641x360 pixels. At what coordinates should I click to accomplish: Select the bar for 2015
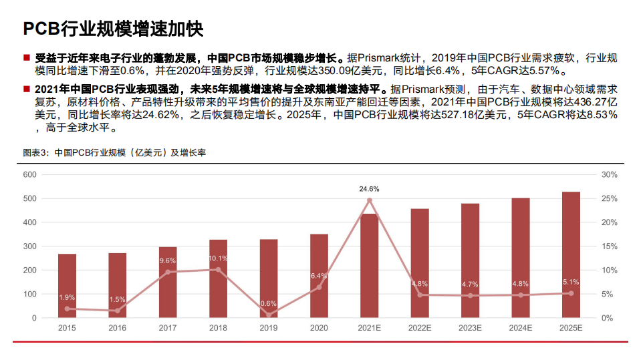[x=67, y=286]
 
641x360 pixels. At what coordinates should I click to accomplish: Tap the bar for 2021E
[x=370, y=266]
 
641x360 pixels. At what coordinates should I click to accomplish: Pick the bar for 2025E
[x=571, y=254]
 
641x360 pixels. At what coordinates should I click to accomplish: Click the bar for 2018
[x=218, y=279]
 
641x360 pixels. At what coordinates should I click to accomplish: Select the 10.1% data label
[x=218, y=258]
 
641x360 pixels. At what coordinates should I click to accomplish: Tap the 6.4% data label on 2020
[x=319, y=276]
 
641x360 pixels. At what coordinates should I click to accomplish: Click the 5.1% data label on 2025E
[x=571, y=282]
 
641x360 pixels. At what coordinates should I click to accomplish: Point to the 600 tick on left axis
[x=29, y=174]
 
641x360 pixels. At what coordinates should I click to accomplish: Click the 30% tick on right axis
[x=608, y=174]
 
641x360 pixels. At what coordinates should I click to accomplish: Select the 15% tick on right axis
[x=608, y=246]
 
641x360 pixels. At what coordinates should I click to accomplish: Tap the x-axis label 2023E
[x=470, y=328]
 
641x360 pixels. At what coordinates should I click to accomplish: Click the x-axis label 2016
[x=117, y=328]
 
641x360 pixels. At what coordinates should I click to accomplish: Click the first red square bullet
[x=26, y=58]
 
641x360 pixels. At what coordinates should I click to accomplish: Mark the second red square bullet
[x=26, y=89]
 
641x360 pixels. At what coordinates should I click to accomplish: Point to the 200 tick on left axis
[x=29, y=271]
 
